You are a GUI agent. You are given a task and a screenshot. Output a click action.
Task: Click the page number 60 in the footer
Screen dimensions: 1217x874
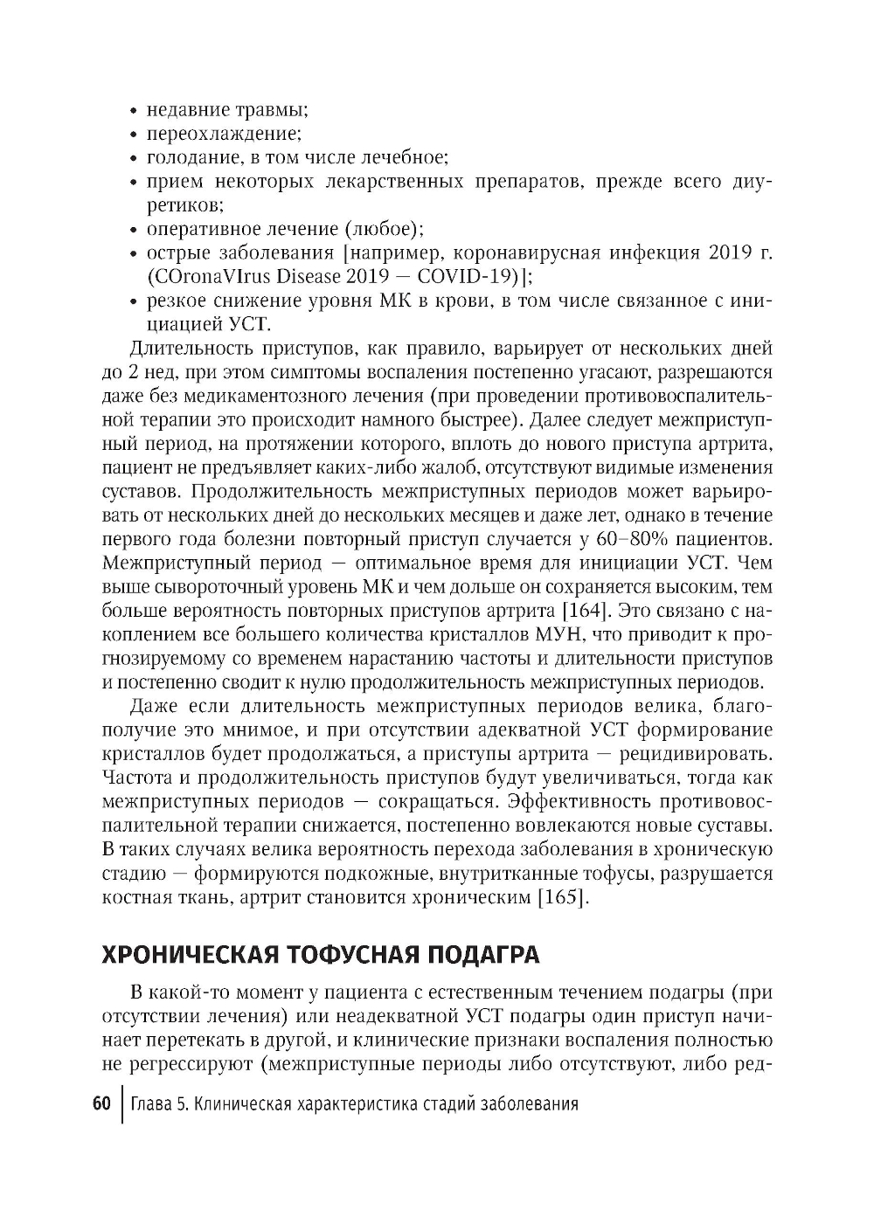click(101, 1103)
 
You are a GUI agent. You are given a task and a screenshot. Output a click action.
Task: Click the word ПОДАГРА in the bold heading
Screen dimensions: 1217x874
click(483, 954)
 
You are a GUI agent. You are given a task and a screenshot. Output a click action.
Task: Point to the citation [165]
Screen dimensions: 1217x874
click(562, 897)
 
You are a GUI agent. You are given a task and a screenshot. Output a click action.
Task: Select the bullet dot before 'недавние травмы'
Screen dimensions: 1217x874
click(133, 112)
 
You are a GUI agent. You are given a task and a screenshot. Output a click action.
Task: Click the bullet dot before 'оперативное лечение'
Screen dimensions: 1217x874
click(133, 230)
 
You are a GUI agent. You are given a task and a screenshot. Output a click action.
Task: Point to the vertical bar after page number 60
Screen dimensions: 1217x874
click(121, 1104)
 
